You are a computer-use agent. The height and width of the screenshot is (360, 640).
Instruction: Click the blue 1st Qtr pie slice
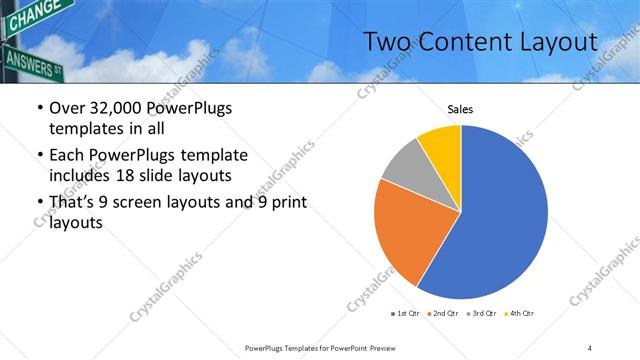pyautogui.click(x=500, y=220)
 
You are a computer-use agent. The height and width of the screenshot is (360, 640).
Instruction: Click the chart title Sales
pyautogui.click(x=460, y=110)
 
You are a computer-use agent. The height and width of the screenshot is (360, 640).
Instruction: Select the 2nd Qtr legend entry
pyautogui.click(x=443, y=314)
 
